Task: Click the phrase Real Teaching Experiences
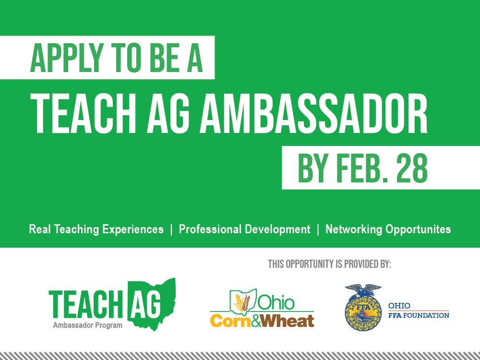(x=96, y=229)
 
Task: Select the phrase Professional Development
(x=244, y=229)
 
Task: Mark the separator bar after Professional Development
(x=318, y=229)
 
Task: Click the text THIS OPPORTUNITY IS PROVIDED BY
(x=329, y=264)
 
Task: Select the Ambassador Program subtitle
(x=87, y=325)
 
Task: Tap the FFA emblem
(x=362, y=307)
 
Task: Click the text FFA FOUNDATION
(x=419, y=315)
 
